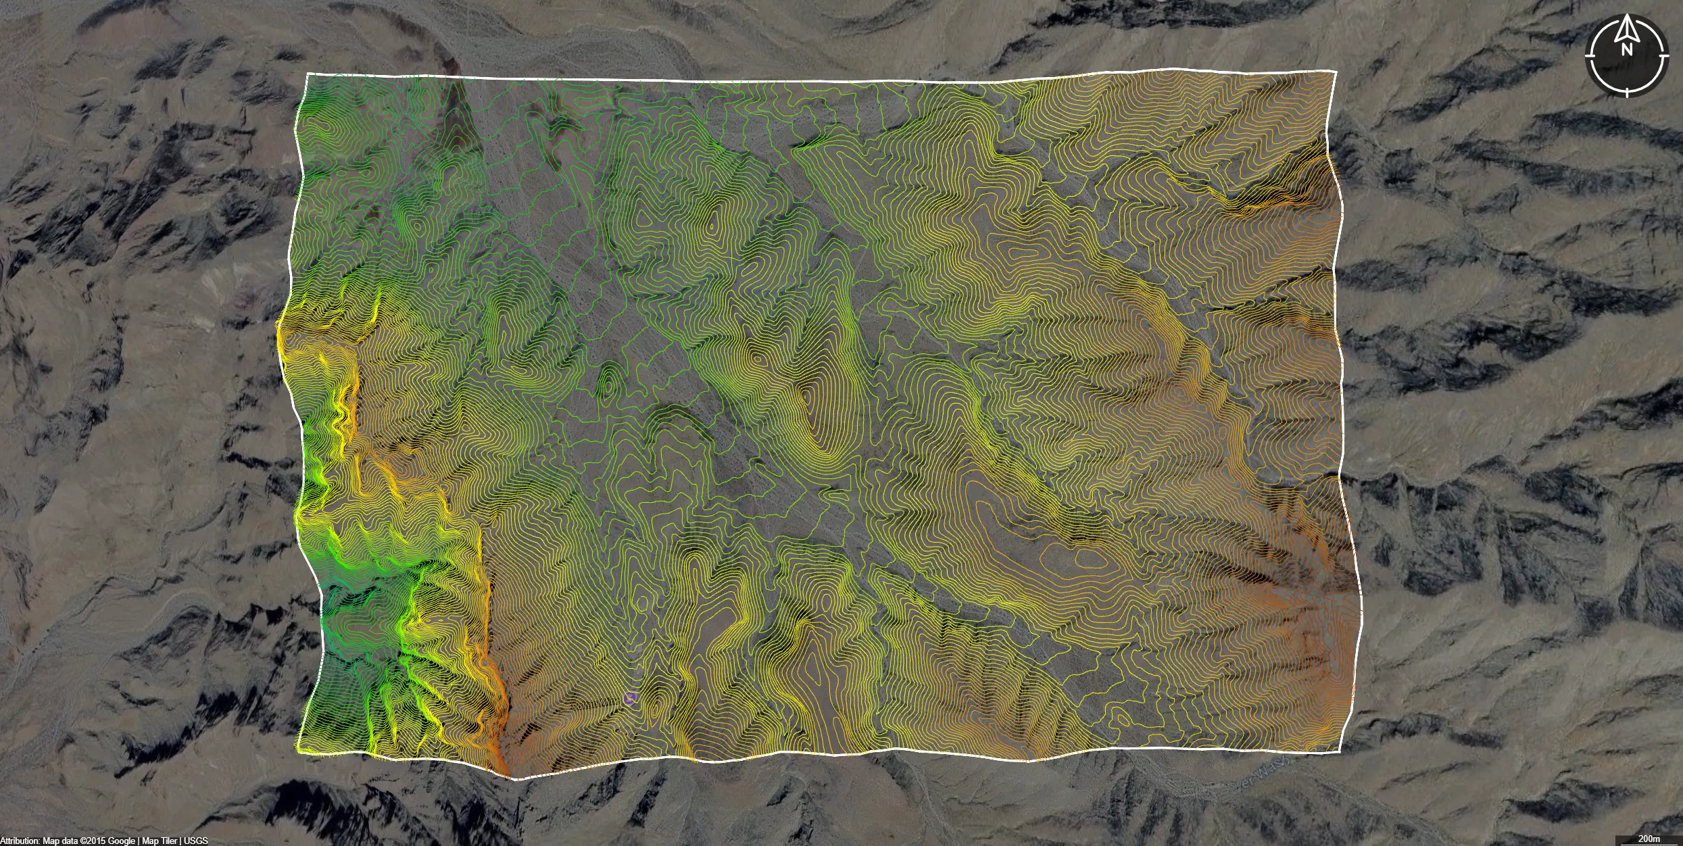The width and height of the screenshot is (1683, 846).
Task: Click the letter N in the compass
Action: click(1626, 49)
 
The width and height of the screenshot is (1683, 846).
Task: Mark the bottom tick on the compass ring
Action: click(1627, 90)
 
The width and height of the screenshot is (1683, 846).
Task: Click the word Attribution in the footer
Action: click(20, 841)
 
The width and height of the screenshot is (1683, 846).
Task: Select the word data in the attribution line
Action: click(70, 841)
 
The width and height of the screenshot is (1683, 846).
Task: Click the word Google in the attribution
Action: click(122, 841)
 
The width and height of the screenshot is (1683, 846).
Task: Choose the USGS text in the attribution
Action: click(196, 841)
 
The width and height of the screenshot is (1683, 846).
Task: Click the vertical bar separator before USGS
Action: click(180, 841)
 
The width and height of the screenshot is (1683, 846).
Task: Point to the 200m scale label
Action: click(1649, 839)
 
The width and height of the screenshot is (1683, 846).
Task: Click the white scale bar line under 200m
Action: click(1649, 845)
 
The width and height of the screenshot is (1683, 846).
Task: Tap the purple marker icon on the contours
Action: click(631, 698)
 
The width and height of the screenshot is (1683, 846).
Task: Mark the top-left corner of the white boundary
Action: click(308, 74)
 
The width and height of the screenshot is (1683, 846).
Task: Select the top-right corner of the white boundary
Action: click(1336, 71)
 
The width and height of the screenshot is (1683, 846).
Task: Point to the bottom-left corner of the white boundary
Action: click(298, 751)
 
